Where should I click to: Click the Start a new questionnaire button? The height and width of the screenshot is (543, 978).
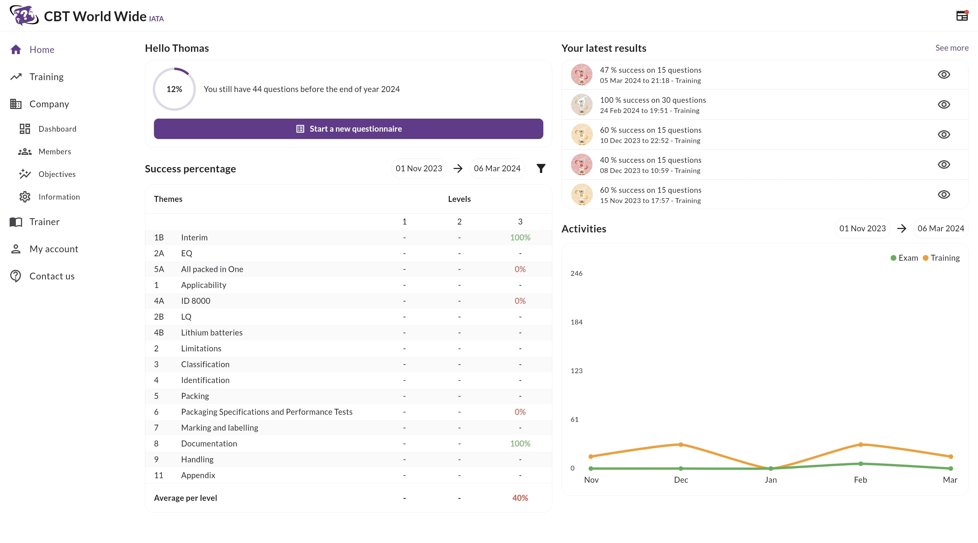348,129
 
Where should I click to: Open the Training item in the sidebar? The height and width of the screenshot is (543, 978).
46,77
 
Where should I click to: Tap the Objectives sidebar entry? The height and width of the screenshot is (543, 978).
57,174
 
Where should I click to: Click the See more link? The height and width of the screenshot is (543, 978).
951,48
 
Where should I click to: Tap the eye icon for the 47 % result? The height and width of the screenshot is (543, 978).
943,74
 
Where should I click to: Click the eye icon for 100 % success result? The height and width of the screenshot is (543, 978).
943,104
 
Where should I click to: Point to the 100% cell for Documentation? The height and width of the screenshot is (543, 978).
520,444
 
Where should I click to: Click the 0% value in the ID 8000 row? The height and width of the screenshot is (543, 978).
520,301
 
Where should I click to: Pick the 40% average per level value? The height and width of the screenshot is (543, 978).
520,498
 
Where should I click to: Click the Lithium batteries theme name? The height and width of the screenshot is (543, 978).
211,333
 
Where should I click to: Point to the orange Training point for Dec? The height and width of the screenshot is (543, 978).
681,444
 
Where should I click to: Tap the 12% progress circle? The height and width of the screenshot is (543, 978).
174,89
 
